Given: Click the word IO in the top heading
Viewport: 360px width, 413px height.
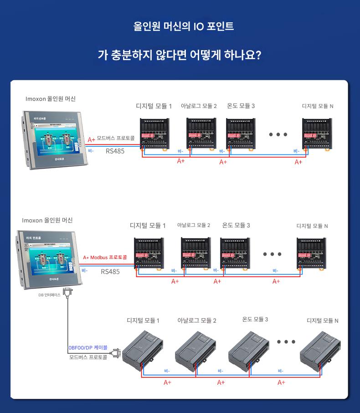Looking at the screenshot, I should (x=198, y=26).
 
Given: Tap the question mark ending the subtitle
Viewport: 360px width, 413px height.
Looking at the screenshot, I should (x=258, y=55).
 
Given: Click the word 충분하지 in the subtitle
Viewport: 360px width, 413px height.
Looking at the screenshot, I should (x=129, y=55).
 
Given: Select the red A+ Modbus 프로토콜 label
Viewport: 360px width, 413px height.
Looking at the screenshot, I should (x=105, y=258).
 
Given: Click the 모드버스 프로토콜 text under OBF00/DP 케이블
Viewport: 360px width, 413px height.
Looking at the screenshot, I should (x=88, y=357).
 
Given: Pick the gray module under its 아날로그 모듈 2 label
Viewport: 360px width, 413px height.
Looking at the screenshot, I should (x=195, y=350).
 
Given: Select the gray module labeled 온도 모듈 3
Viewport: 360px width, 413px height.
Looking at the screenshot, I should (x=249, y=350).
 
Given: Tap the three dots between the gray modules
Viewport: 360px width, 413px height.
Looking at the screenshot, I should (x=286, y=341).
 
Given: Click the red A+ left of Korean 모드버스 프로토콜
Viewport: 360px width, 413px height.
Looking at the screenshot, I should (x=91, y=140).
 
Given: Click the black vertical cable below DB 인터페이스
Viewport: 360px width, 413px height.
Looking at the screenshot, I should (x=68, y=324).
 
